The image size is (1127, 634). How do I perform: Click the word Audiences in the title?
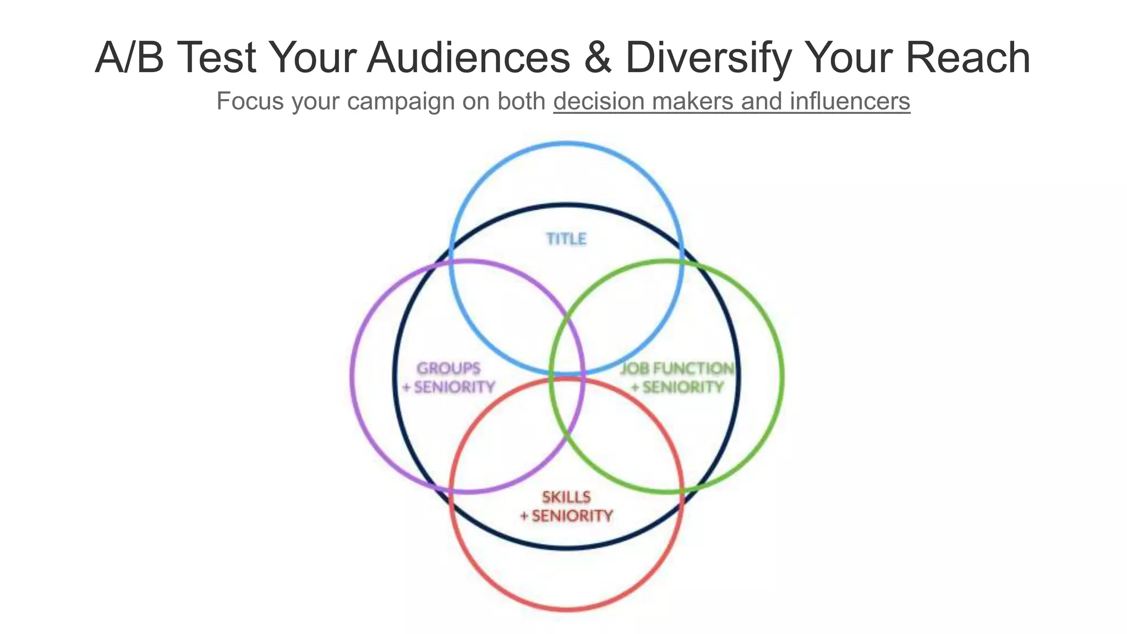click(469, 57)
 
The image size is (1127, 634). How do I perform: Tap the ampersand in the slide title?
click(598, 57)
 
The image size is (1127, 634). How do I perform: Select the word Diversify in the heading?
click(708, 58)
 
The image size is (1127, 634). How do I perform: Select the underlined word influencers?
click(850, 101)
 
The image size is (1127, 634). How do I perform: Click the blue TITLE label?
click(566, 239)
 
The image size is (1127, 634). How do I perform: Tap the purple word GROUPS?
click(448, 368)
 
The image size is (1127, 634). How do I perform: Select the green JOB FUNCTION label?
click(677, 368)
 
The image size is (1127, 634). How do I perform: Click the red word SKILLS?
click(566, 497)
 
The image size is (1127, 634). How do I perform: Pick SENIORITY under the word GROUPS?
click(455, 387)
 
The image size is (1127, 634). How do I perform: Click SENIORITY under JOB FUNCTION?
click(683, 387)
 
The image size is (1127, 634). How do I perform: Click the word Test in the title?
click(217, 57)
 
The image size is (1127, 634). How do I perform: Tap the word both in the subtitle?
click(521, 101)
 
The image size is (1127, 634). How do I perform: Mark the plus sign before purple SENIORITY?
click(407, 387)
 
